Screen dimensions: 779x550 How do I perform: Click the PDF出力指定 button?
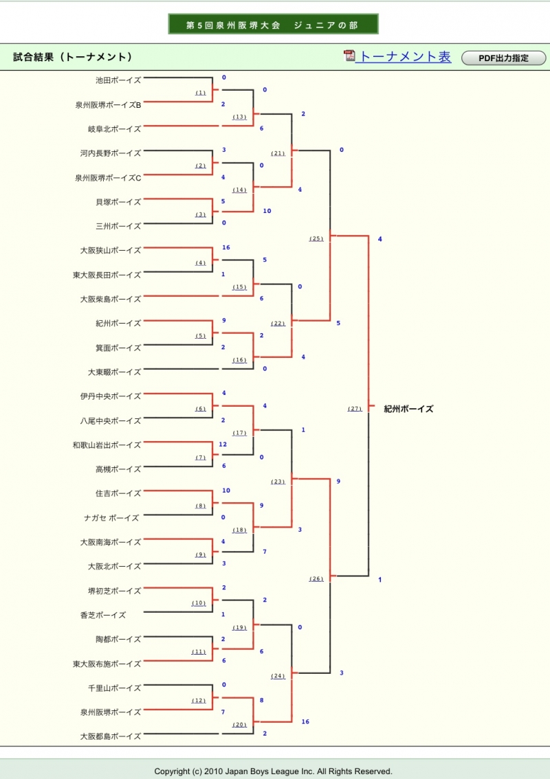click(503, 58)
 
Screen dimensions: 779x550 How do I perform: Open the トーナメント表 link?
click(406, 57)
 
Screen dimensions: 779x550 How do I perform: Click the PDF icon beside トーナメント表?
click(350, 56)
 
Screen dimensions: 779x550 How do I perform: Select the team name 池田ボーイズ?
click(118, 80)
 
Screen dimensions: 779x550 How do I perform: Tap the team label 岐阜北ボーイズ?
click(114, 129)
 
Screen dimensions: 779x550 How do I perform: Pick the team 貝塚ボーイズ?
click(118, 202)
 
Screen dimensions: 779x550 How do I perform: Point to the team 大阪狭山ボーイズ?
click(110, 251)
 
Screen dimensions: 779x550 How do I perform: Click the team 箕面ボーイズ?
click(118, 348)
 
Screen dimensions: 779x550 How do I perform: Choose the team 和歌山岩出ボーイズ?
click(107, 445)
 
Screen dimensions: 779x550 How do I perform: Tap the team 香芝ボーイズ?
click(103, 616)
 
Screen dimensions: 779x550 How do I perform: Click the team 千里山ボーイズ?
click(114, 688)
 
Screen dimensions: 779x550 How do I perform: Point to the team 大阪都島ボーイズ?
click(110, 736)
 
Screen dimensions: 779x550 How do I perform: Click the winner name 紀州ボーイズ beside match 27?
click(408, 409)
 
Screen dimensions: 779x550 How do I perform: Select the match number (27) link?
click(355, 409)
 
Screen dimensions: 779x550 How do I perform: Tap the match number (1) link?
click(201, 93)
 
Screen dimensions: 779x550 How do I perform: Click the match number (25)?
click(316, 238)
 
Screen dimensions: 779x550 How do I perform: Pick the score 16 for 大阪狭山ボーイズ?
click(225, 247)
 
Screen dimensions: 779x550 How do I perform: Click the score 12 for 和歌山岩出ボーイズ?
click(223, 444)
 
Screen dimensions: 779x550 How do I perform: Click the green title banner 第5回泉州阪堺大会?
click(273, 25)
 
